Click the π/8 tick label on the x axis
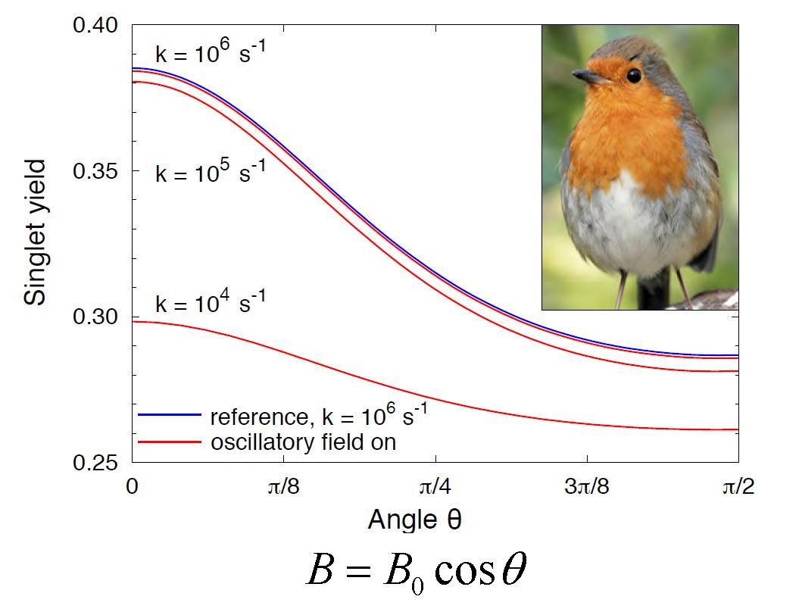[x=283, y=486]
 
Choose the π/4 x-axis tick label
[x=435, y=486]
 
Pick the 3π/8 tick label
[x=586, y=486]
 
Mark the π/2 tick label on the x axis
[x=737, y=486]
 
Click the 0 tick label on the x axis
[x=133, y=486]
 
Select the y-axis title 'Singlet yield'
[x=35, y=232]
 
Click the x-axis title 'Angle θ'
[x=414, y=520]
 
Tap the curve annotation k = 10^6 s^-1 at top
[x=210, y=53]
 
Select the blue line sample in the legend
[x=169, y=416]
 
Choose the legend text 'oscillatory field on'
[x=303, y=442]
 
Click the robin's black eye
[x=634, y=75]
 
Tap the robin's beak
[x=587, y=76]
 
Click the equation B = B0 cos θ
[x=415, y=570]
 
